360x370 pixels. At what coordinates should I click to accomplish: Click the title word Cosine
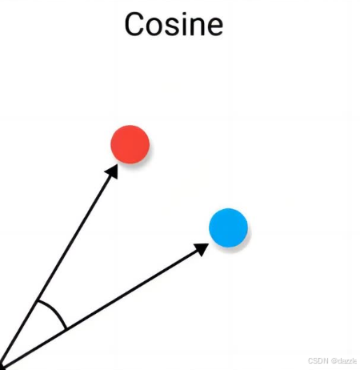tap(174, 24)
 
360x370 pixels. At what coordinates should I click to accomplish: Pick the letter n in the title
tap(198, 26)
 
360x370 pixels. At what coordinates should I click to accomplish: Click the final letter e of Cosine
tap(215, 26)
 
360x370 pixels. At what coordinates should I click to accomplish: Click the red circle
tap(130, 144)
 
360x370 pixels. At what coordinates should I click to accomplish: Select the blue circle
tap(228, 227)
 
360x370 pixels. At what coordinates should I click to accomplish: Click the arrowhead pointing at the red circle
tap(112, 171)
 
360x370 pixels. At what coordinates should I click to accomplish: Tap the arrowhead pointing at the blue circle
tap(202, 249)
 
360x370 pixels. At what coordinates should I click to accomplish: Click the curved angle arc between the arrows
tap(55, 311)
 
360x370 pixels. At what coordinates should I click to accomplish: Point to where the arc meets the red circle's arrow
tap(38, 301)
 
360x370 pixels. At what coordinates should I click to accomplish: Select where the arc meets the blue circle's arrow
tap(66, 328)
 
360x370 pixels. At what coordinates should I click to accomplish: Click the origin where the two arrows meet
tap(1, 367)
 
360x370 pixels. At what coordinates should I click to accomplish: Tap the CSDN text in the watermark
tap(318, 361)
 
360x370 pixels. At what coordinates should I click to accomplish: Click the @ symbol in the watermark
tap(334, 361)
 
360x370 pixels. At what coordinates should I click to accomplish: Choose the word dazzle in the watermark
tap(347, 361)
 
